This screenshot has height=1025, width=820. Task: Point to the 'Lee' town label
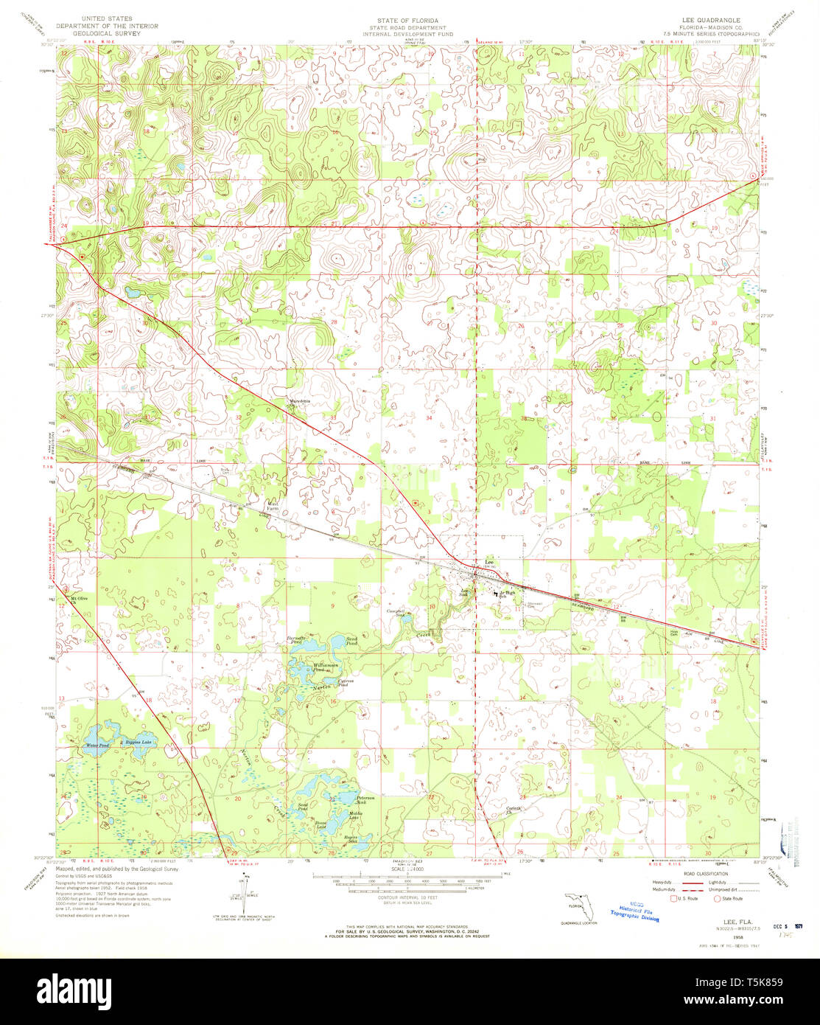pyautogui.click(x=488, y=561)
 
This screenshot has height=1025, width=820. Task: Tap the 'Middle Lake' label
pyautogui.click(x=354, y=816)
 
